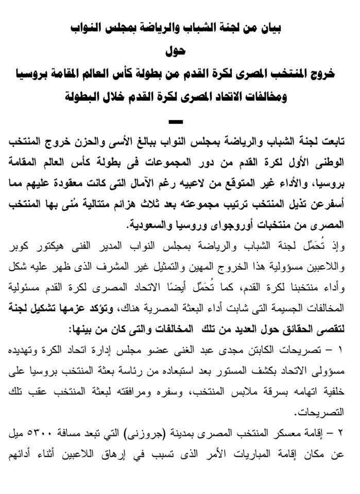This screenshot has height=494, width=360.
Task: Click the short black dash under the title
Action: pyautogui.click(x=176, y=122)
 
